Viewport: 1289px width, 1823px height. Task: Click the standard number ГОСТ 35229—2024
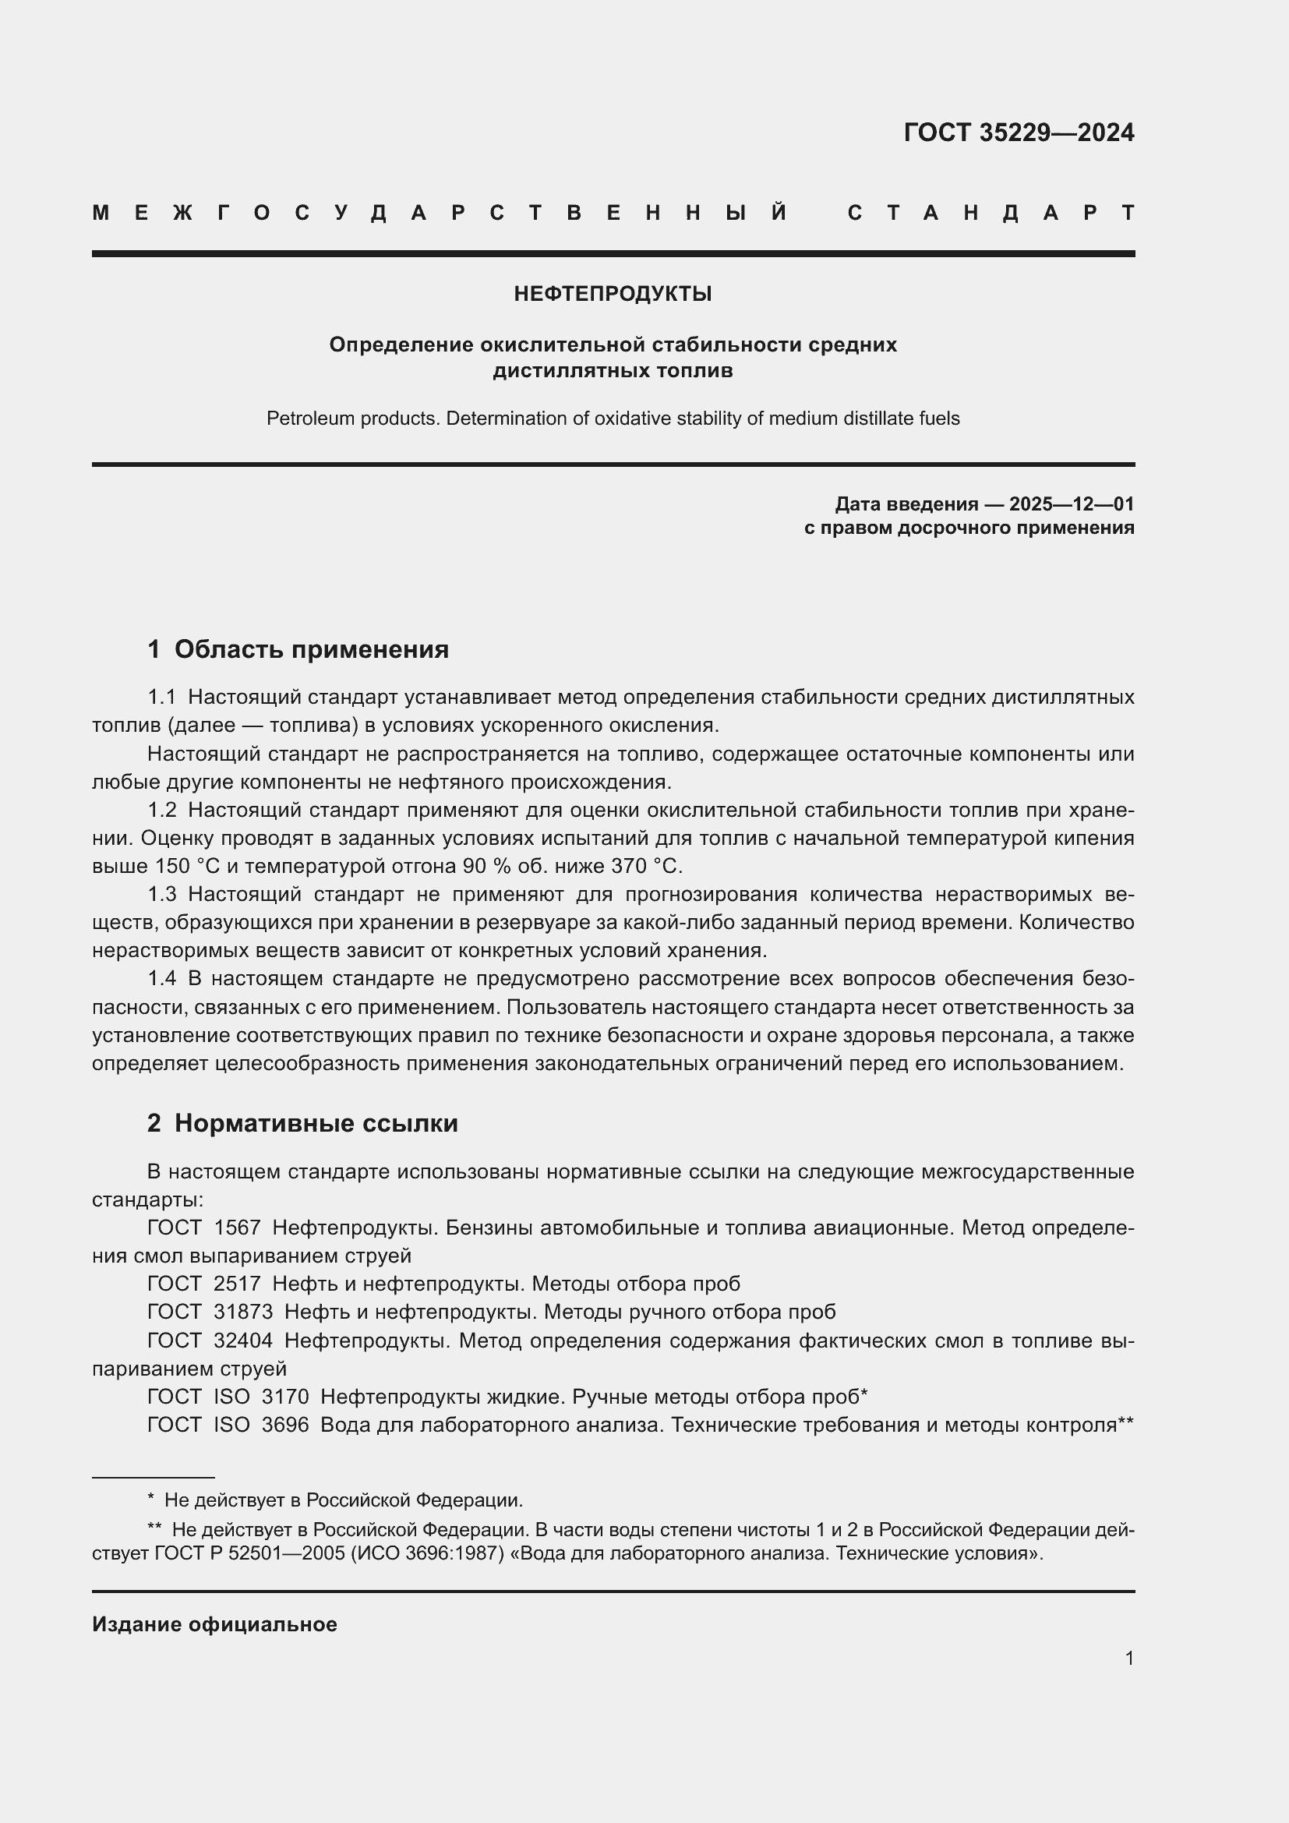(1019, 132)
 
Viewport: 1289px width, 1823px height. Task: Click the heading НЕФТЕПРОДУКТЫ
(612, 294)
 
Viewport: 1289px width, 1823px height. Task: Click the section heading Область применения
(311, 649)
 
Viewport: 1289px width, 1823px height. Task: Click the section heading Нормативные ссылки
(316, 1124)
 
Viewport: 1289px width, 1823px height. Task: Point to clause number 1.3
(162, 895)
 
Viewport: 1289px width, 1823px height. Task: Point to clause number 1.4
(162, 979)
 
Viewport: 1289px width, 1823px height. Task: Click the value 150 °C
(186, 866)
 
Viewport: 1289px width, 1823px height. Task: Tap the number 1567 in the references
(237, 1228)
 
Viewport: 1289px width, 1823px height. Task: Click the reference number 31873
(243, 1312)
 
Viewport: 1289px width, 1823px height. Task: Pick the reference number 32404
(243, 1341)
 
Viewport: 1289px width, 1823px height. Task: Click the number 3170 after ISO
(285, 1397)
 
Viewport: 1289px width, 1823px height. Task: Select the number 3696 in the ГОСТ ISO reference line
(285, 1425)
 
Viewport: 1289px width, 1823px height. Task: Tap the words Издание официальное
(214, 1624)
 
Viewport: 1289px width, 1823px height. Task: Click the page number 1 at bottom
(1128, 1658)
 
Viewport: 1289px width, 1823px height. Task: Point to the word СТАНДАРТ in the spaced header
(991, 213)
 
